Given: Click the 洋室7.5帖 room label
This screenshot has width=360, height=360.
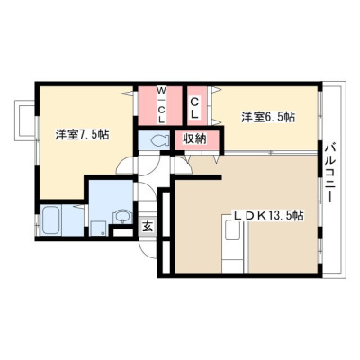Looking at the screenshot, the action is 82,135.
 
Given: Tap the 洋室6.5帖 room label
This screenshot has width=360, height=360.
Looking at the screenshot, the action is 268,117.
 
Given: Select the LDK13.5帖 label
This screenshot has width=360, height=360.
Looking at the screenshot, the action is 268,216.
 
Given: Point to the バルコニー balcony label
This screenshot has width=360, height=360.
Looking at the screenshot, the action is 330,173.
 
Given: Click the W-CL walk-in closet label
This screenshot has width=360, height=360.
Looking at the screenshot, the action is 162,105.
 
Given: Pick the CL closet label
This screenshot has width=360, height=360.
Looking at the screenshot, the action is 194,108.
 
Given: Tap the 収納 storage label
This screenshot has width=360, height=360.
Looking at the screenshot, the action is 195,139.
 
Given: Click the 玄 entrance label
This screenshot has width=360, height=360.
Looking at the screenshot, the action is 148,226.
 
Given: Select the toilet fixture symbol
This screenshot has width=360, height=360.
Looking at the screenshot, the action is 159,140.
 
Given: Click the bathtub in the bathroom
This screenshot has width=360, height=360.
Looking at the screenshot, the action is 50,220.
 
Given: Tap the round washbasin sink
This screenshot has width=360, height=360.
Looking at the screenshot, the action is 122,216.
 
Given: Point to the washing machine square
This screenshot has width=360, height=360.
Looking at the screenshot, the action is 98,229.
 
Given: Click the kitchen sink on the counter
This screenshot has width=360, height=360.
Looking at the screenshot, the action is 232,230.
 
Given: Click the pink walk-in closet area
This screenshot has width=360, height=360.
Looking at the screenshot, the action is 160,105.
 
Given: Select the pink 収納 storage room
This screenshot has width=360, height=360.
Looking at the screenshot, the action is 197,140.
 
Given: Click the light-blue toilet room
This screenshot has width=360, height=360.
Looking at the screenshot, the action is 154,140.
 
